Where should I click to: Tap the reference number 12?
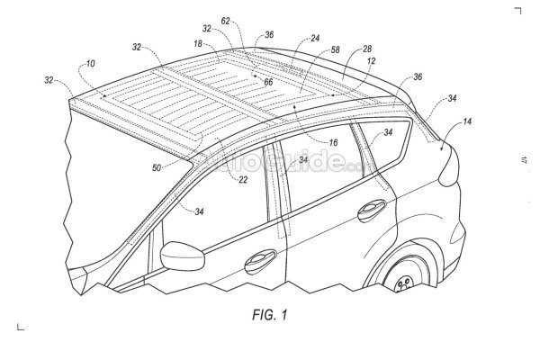click(371, 62)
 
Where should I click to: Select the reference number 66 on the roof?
click(267, 81)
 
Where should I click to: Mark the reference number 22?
click(243, 179)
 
